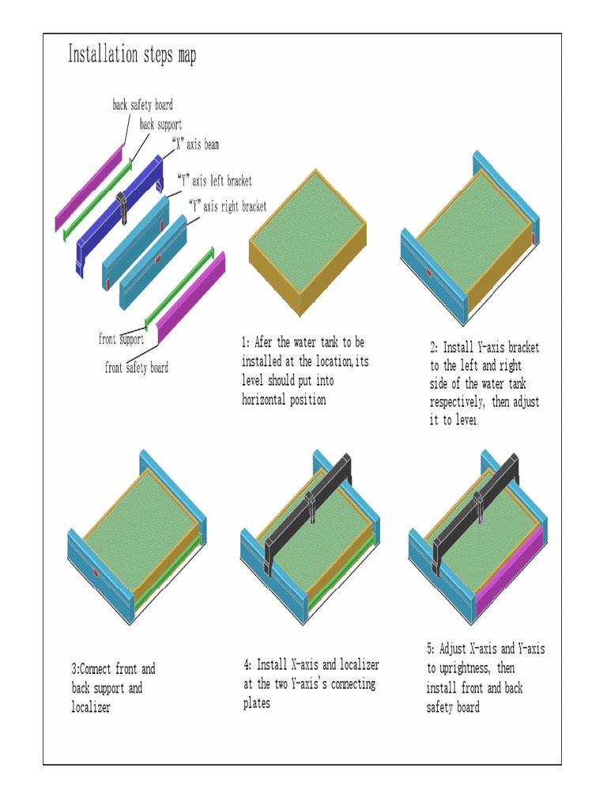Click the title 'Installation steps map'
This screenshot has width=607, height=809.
coord(131,55)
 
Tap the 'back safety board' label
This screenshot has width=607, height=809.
coord(142,105)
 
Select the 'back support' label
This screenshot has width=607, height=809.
coord(160,125)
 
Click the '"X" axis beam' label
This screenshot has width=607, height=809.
coord(195,145)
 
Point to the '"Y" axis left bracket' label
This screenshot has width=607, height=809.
coord(214,181)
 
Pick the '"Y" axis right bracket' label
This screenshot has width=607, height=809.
coord(228,206)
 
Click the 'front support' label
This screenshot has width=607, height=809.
coord(121,339)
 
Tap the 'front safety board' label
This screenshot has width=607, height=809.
coord(136,367)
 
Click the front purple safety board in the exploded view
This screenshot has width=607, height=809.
coord(194,292)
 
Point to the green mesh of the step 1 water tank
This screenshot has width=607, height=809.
coord(308,229)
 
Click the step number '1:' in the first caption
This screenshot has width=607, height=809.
coord(246,343)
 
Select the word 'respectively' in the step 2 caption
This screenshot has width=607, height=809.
coord(457,402)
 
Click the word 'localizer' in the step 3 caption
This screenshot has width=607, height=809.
coord(91,707)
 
